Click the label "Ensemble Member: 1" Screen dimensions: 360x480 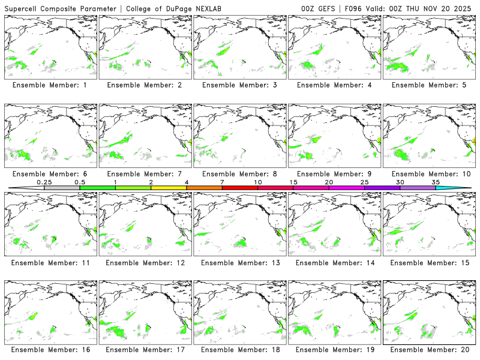tap(49, 85)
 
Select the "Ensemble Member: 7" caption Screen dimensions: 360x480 tap(144, 174)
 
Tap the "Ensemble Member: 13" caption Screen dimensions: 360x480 tap(239, 263)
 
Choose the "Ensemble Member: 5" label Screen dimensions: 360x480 tap(428, 85)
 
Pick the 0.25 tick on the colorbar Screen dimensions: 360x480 tap(44, 182)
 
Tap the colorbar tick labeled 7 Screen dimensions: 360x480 tap(222, 182)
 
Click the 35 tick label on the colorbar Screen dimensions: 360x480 tap(436, 182)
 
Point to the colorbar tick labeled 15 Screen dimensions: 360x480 tap(293, 182)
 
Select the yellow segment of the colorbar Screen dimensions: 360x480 tap(169, 188)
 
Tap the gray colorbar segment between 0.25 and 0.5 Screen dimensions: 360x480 tap(62, 188)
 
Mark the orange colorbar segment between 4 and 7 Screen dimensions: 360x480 tap(204, 188)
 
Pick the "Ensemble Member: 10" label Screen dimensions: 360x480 tap(428, 174)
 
